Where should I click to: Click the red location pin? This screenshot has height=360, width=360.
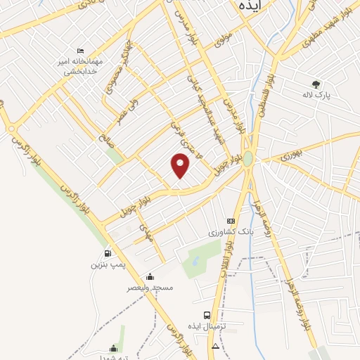click(181, 165)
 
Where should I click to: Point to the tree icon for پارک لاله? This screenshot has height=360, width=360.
click(316, 84)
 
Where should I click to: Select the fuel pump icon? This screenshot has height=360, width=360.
click(108, 254)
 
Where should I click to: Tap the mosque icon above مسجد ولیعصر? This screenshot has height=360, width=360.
click(149, 276)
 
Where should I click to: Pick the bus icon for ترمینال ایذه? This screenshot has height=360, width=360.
click(206, 315)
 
